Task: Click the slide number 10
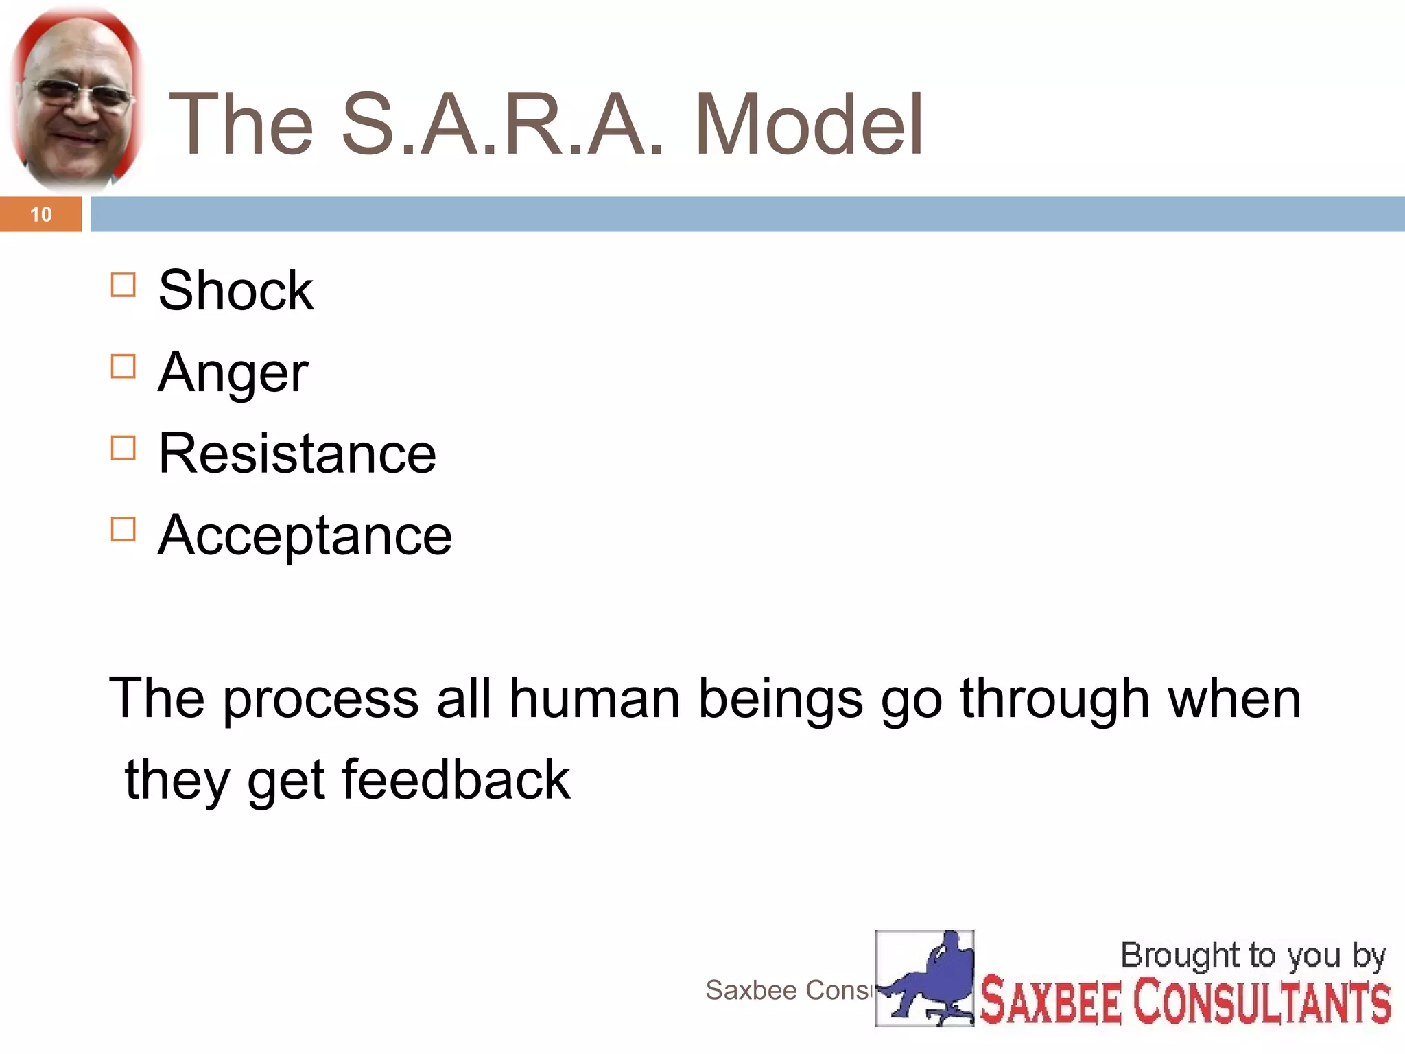(x=40, y=215)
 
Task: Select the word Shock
(x=235, y=291)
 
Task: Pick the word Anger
(x=233, y=373)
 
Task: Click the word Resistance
(x=296, y=454)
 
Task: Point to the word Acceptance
(x=305, y=536)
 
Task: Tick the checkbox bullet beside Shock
(x=123, y=285)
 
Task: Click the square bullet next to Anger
(x=123, y=366)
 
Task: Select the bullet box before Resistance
(x=123, y=448)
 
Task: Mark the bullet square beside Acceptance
(x=123, y=529)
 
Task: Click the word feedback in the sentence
(x=456, y=780)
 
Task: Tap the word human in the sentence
(x=594, y=699)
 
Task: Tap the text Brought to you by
(x=1253, y=956)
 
